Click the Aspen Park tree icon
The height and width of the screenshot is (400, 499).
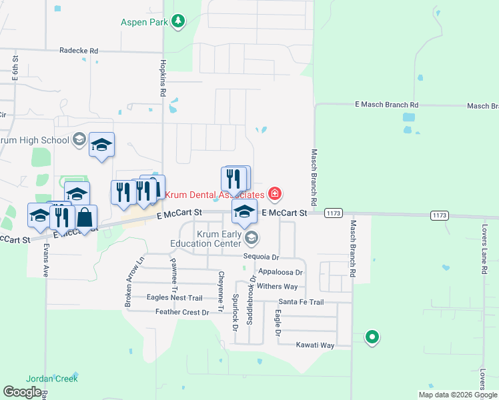click(x=178, y=22)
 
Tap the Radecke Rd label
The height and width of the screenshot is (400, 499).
click(x=79, y=51)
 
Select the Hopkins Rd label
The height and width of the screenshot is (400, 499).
click(x=162, y=78)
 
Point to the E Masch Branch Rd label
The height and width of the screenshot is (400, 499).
click(x=386, y=105)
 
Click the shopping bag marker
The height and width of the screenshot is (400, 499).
click(x=85, y=217)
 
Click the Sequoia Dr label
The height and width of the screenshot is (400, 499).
click(x=261, y=257)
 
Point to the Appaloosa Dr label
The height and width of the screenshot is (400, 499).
click(x=281, y=272)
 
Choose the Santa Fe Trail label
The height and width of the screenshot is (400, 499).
click(x=301, y=302)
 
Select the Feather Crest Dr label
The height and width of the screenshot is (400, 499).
click(x=182, y=312)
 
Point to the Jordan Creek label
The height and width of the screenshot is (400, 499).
click(x=57, y=379)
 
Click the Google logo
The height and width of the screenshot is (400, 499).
click(x=22, y=392)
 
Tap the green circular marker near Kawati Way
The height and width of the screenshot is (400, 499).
click(x=372, y=338)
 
